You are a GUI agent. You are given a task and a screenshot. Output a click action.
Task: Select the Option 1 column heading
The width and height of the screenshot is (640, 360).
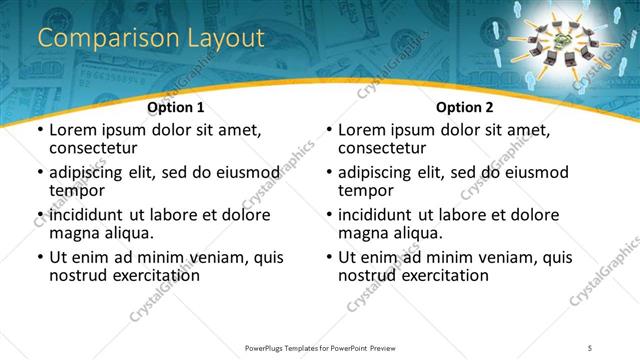(176, 107)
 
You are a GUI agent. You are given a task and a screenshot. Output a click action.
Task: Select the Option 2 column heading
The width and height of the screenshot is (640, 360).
(465, 107)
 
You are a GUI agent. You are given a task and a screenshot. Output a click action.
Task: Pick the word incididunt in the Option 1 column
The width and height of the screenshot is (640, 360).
(88, 214)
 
